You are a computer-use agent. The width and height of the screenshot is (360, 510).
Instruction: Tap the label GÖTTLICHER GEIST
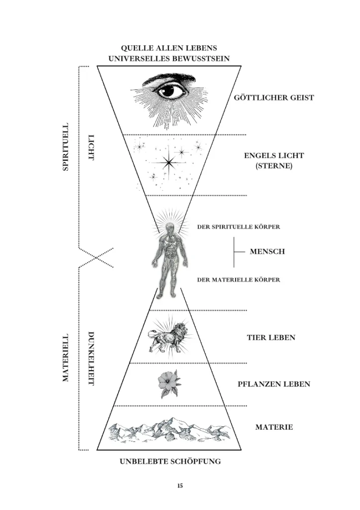click(274, 98)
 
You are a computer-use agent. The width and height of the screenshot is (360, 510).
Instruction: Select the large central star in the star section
click(169, 161)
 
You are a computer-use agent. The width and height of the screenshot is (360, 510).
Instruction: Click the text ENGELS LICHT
click(274, 155)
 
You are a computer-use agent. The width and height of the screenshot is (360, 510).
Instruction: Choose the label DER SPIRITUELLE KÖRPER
click(239, 227)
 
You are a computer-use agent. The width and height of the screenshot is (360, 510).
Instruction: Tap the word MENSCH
click(267, 252)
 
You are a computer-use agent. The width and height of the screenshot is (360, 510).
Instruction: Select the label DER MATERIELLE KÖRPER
click(239, 280)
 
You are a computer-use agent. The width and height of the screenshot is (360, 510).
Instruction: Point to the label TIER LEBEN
click(271, 338)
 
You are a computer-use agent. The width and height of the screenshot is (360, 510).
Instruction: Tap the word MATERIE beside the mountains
click(274, 427)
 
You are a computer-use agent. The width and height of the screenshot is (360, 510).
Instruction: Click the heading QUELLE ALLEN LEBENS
click(170, 48)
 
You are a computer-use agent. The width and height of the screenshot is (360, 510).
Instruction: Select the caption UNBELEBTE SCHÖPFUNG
click(170, 462)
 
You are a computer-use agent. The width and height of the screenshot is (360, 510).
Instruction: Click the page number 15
click(180, 486)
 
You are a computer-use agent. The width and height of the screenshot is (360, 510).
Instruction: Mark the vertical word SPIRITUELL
click(65, 148)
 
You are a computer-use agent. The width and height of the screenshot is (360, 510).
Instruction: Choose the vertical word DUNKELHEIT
click(91, 358)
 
